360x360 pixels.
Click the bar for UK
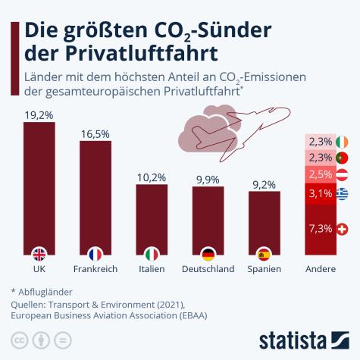point(39,189)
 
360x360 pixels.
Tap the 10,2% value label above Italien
point(152,177)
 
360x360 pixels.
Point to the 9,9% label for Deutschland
point(208,179)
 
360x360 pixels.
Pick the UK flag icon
point(39,254)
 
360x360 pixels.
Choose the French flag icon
point(95,254)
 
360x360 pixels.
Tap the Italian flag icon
point(152,254)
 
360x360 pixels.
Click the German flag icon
point(208,254)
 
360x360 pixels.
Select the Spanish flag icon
point(264,254)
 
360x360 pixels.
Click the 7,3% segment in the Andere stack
point(321,229)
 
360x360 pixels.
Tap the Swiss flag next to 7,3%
point(342,229)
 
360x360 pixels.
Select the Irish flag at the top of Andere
point(342,142)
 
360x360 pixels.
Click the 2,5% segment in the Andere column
point(321,175)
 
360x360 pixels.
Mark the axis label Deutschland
point(208,269)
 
